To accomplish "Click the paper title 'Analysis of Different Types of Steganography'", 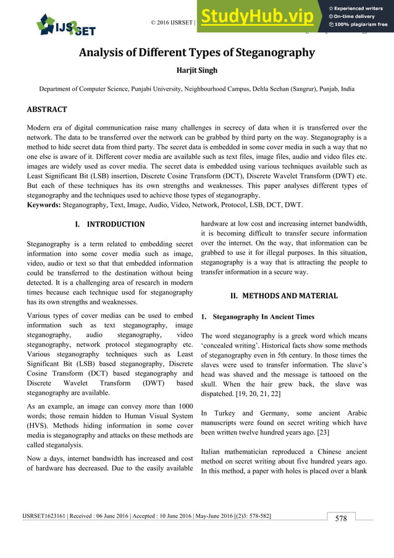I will pyautogui.click(x=196, y=53).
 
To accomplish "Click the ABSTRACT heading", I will pyautogui.click(x=46, y=109).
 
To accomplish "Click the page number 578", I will pyautogui.click(x=341, y=519).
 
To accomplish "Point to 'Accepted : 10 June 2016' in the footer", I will pyautogui.click(x=162, y=515).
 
